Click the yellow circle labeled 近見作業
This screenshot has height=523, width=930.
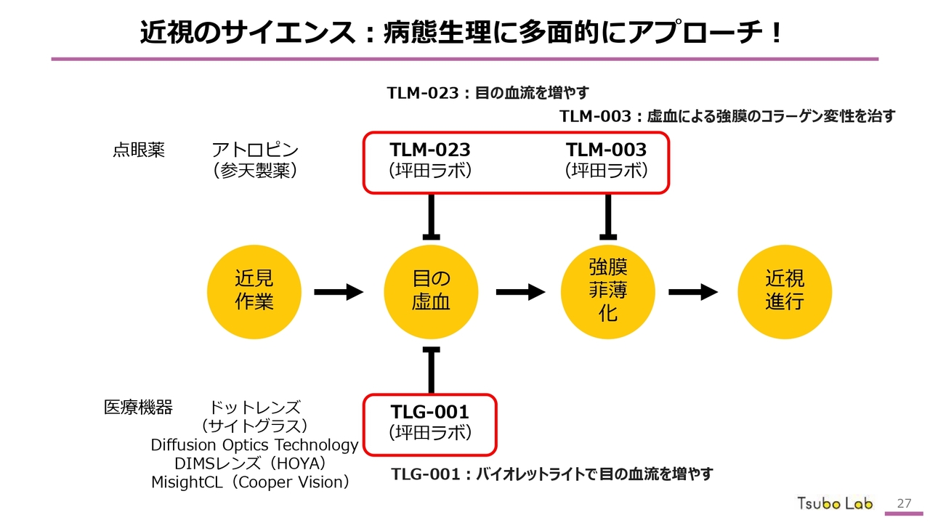(254, 292)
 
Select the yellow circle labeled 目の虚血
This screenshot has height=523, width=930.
(432, 292)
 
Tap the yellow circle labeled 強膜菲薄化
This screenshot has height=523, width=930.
(608, 292)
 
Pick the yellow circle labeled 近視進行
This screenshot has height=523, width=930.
(785, 292)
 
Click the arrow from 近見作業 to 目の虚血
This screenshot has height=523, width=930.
(339, 292)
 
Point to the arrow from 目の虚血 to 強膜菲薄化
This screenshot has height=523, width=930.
(520, 292)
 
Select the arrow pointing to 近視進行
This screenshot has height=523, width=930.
(693, 292)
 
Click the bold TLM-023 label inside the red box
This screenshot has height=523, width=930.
(430, 150)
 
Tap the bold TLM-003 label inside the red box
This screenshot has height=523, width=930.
(606, 150)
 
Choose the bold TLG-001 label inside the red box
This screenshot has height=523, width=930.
(430, 412)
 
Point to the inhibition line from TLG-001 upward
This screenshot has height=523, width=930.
(432, 370)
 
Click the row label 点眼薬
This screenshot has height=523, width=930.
(139, 150)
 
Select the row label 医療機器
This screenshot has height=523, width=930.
(139, 408)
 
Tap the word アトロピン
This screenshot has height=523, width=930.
(255, 150)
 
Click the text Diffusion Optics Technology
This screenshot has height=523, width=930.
(254, 445)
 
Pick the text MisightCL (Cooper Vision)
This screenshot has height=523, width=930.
(251, 482)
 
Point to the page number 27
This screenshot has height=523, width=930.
(905, 503)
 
